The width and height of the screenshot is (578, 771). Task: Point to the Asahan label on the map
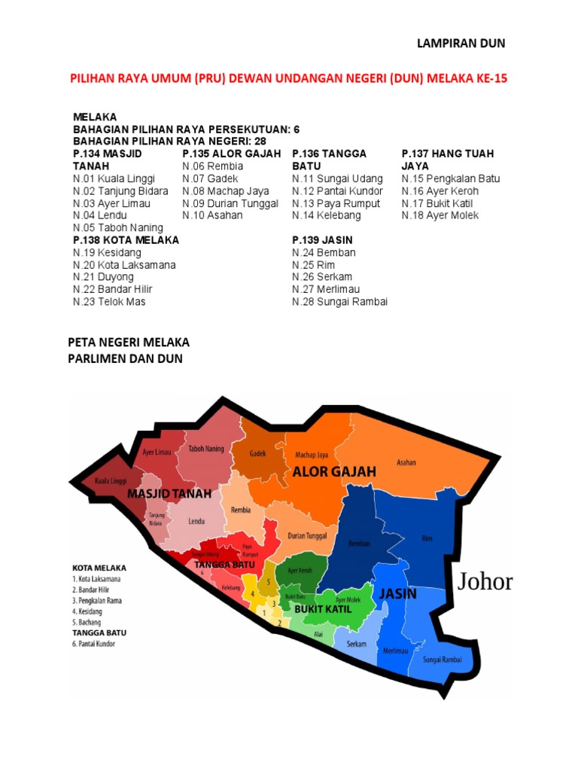point(406,462)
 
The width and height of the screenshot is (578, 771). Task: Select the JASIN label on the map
point(397,594)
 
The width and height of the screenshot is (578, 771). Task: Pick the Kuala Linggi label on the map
point(110,480)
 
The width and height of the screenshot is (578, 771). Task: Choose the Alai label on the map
point(318,635)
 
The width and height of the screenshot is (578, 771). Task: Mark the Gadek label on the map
point(259,454)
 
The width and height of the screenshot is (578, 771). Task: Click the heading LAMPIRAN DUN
point(461,44)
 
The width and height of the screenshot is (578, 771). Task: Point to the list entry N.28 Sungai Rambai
point(339,302)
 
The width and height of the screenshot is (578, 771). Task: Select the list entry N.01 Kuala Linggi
point(114,178)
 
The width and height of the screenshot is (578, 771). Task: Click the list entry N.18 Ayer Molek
point(440,215)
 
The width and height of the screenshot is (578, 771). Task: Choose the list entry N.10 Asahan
point(213,215)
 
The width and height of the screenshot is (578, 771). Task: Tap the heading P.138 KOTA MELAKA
point(126,240)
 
